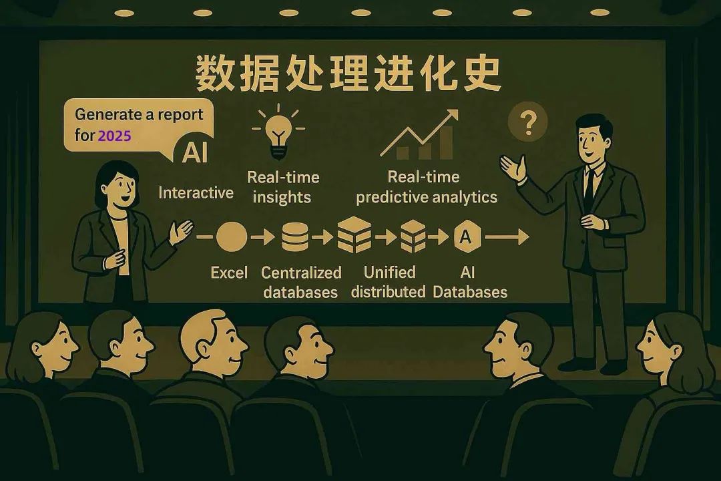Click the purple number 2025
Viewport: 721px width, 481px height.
click(114, 135)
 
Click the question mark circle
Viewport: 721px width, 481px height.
click(527, 122)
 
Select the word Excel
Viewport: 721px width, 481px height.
click(229, 273)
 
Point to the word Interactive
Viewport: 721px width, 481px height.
click(196, 193)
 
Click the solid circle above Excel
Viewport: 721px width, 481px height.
click(232, 236)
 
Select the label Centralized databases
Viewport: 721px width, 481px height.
click(301, 282)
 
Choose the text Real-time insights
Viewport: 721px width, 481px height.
click(283, 187)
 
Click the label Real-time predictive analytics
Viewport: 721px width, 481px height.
click(427, 187)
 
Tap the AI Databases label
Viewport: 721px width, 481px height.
click(469, 282)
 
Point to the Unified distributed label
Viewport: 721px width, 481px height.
click(389, 282)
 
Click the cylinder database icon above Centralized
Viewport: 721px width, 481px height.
click(295, 236)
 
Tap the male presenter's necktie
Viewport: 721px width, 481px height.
click(588, 184)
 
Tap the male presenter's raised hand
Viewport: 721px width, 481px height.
click(513, 167)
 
